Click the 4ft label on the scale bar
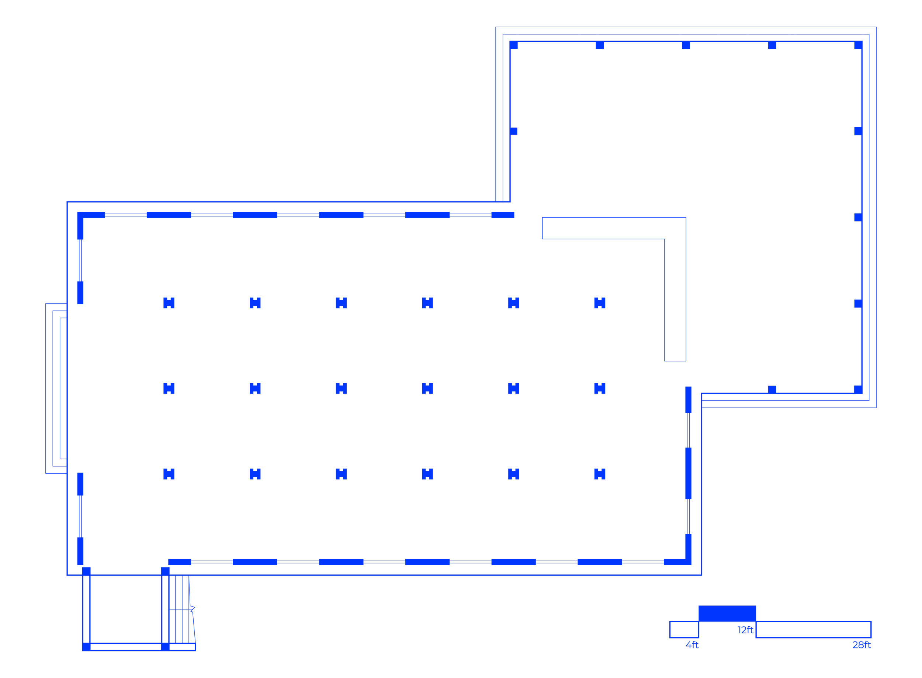coord(692,645)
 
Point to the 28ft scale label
coord(861,645)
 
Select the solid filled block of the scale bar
coord(727,613)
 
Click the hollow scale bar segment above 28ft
coord(813,630)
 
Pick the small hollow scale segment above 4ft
coord(684,630)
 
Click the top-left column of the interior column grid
coord(169,303)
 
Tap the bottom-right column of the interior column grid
coord(600,474)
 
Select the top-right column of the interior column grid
coord(600,303)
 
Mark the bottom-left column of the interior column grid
coord(169,474)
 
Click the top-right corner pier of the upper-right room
coord(858,45)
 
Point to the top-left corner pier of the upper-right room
coord(514,45)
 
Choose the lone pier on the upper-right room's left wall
coord(514,131)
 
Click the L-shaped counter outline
coord(675,287)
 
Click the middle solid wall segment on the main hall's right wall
coord(689,473)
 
